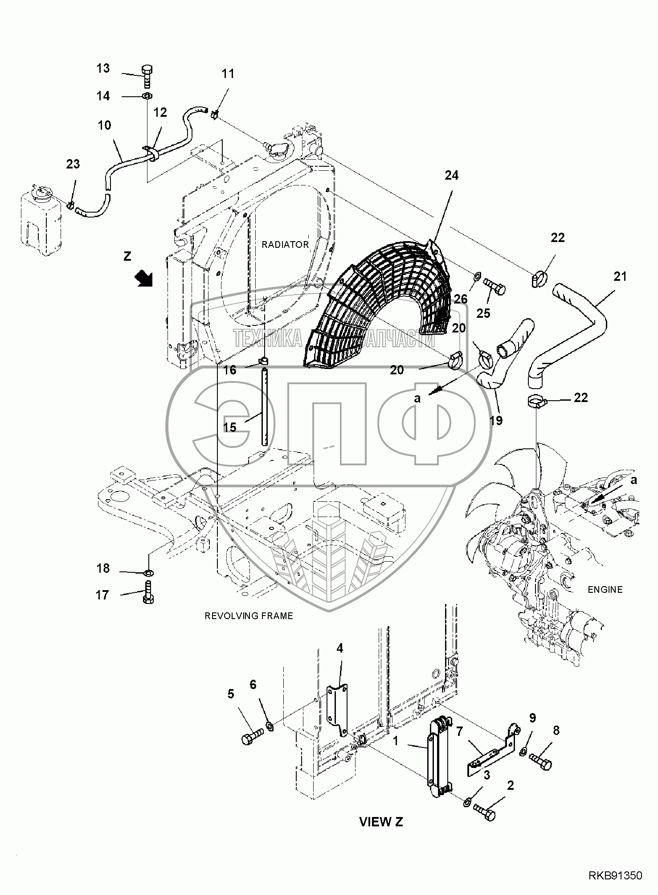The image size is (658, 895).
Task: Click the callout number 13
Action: pyautogui.click(x=103, y=69)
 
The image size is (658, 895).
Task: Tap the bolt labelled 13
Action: pyautogui.click(x=147, y=77)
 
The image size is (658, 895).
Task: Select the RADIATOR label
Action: pyautogui.click(x=285, y=244)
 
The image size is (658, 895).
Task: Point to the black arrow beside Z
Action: pyautogui.click(x=144, y=279)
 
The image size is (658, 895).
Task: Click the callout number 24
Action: pyautogui.click(x=451, y=176)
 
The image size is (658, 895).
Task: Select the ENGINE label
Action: pyautogui.click(x=605, y=590)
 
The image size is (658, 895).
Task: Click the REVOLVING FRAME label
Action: pyautogui.click(x=249, y=616)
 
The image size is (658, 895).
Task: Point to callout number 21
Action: pyautogui.click(x=620, y=277)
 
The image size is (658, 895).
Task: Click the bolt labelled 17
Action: pyautogui.click(x=148, y=593)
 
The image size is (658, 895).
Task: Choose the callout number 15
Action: pyautogui.click(x=230, y=427)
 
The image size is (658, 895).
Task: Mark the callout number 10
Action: pyautogui.click(x=104, y=125)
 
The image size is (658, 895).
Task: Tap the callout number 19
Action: pyautogui.click(x=496, y=420)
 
